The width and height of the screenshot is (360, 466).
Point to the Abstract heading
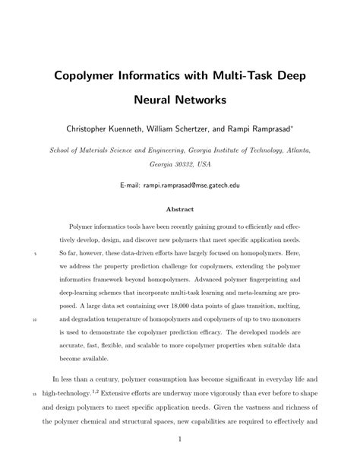(x=179, y=208)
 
